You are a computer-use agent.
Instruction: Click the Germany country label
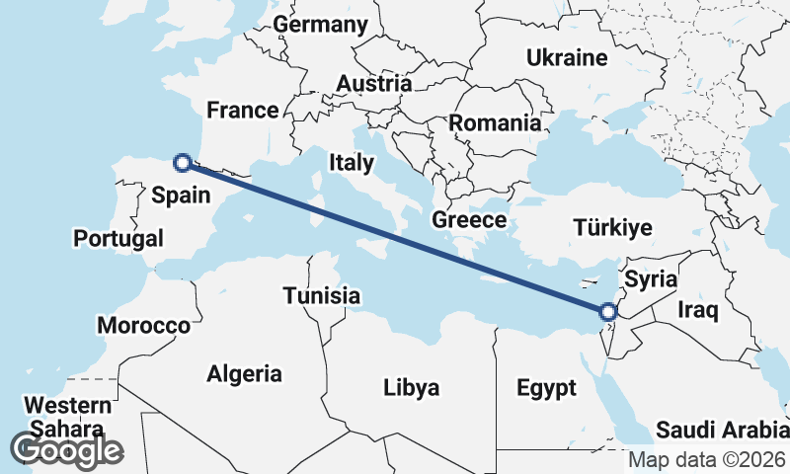click(321, 24)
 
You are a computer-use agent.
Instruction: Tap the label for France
click(243, 110)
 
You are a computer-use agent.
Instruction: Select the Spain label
click(181, 196)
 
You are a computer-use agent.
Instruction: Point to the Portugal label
click(118, 238)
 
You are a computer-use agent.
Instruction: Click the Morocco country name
click(143, 325)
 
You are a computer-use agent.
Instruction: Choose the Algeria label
click(244, 374)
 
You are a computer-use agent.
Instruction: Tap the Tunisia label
click(321, 295)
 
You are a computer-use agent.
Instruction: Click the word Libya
click(411, 387)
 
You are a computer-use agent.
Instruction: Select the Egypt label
click(546, 388)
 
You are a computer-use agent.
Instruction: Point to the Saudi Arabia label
click(722, 432)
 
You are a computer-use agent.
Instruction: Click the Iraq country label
click(698, 310)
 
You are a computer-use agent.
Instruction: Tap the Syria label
click(651, 279)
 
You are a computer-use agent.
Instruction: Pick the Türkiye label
click(612, 228)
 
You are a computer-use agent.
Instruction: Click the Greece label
click(469, 219)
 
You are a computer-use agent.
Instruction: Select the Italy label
click(352, 162)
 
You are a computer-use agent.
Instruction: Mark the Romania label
click(495, 123)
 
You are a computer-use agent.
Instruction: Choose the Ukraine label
click(567, 57)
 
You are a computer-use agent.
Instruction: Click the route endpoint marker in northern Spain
click(182, 163)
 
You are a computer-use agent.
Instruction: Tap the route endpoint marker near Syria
click(608, 313)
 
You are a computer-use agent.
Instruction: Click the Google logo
click(67, 450)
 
